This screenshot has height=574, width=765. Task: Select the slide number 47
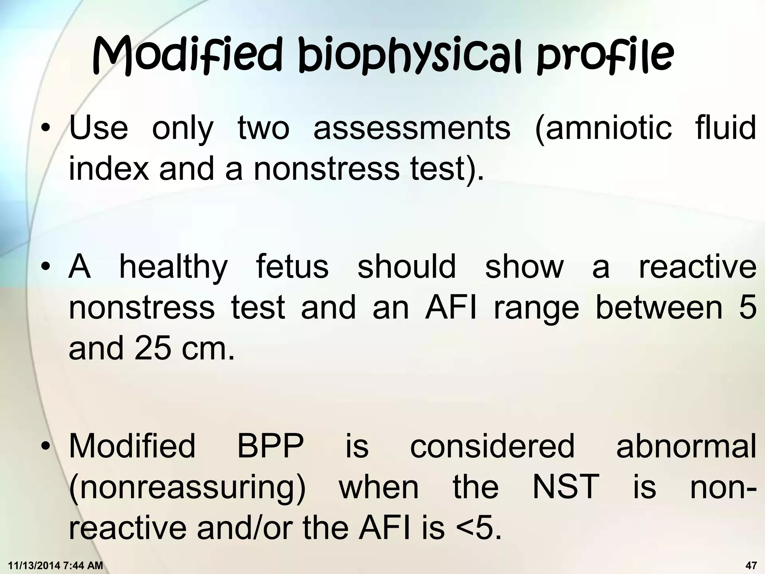751,565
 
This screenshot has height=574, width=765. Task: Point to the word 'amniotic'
603,128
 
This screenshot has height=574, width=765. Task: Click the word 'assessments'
412,128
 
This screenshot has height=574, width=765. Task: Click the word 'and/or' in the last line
247,528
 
